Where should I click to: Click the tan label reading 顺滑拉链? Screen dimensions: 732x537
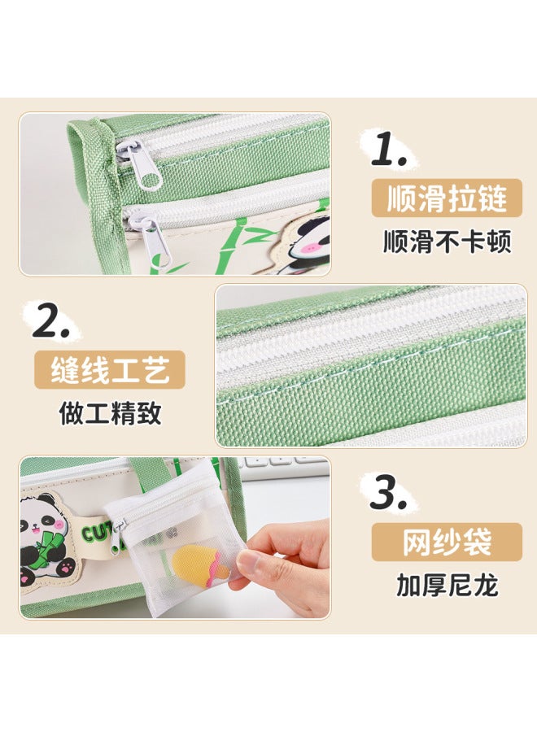446,198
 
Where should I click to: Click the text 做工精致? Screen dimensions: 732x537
110,413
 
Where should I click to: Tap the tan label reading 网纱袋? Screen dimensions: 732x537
447,542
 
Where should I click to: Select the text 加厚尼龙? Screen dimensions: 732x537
447,585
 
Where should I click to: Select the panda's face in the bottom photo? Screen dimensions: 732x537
43,521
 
